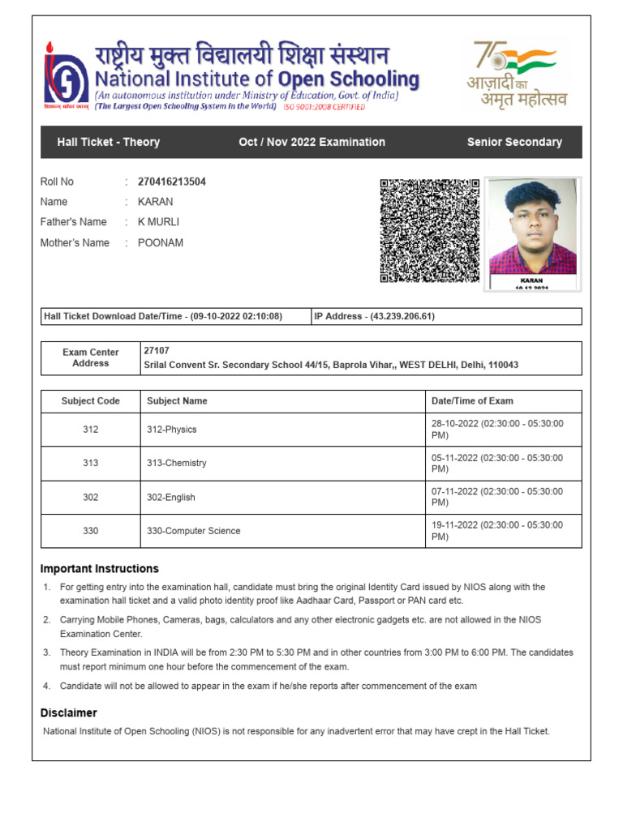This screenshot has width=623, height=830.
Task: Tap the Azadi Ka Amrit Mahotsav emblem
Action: [x=516, y=75]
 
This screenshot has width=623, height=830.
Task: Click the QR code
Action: [x=429, y=231]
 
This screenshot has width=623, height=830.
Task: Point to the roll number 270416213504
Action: [x=172, y=182]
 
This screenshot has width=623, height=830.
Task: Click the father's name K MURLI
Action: [x=159, y=222]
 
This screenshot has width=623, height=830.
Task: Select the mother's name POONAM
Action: [x=161, y=242]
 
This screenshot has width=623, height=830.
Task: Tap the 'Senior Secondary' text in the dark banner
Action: [x=514, y=142]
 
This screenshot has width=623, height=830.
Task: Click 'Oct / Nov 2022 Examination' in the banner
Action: [x=311, y=142]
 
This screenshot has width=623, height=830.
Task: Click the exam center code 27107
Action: [x=157, y=351]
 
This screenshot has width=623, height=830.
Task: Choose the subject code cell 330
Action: [x=90, y=531]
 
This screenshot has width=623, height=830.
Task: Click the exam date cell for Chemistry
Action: [x=496, y=463]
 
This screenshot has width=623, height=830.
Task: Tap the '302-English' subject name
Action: [x=170, y=498]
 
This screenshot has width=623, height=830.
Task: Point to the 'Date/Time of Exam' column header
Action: [x=472, y=401]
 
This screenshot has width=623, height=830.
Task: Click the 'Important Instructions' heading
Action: [x=100, y=569]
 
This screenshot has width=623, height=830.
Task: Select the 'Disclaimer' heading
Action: [x=69, y=713]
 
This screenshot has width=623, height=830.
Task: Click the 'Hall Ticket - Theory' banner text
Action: [x=108, y=142]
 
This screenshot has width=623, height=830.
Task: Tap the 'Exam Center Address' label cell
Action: [x=90, y=358]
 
